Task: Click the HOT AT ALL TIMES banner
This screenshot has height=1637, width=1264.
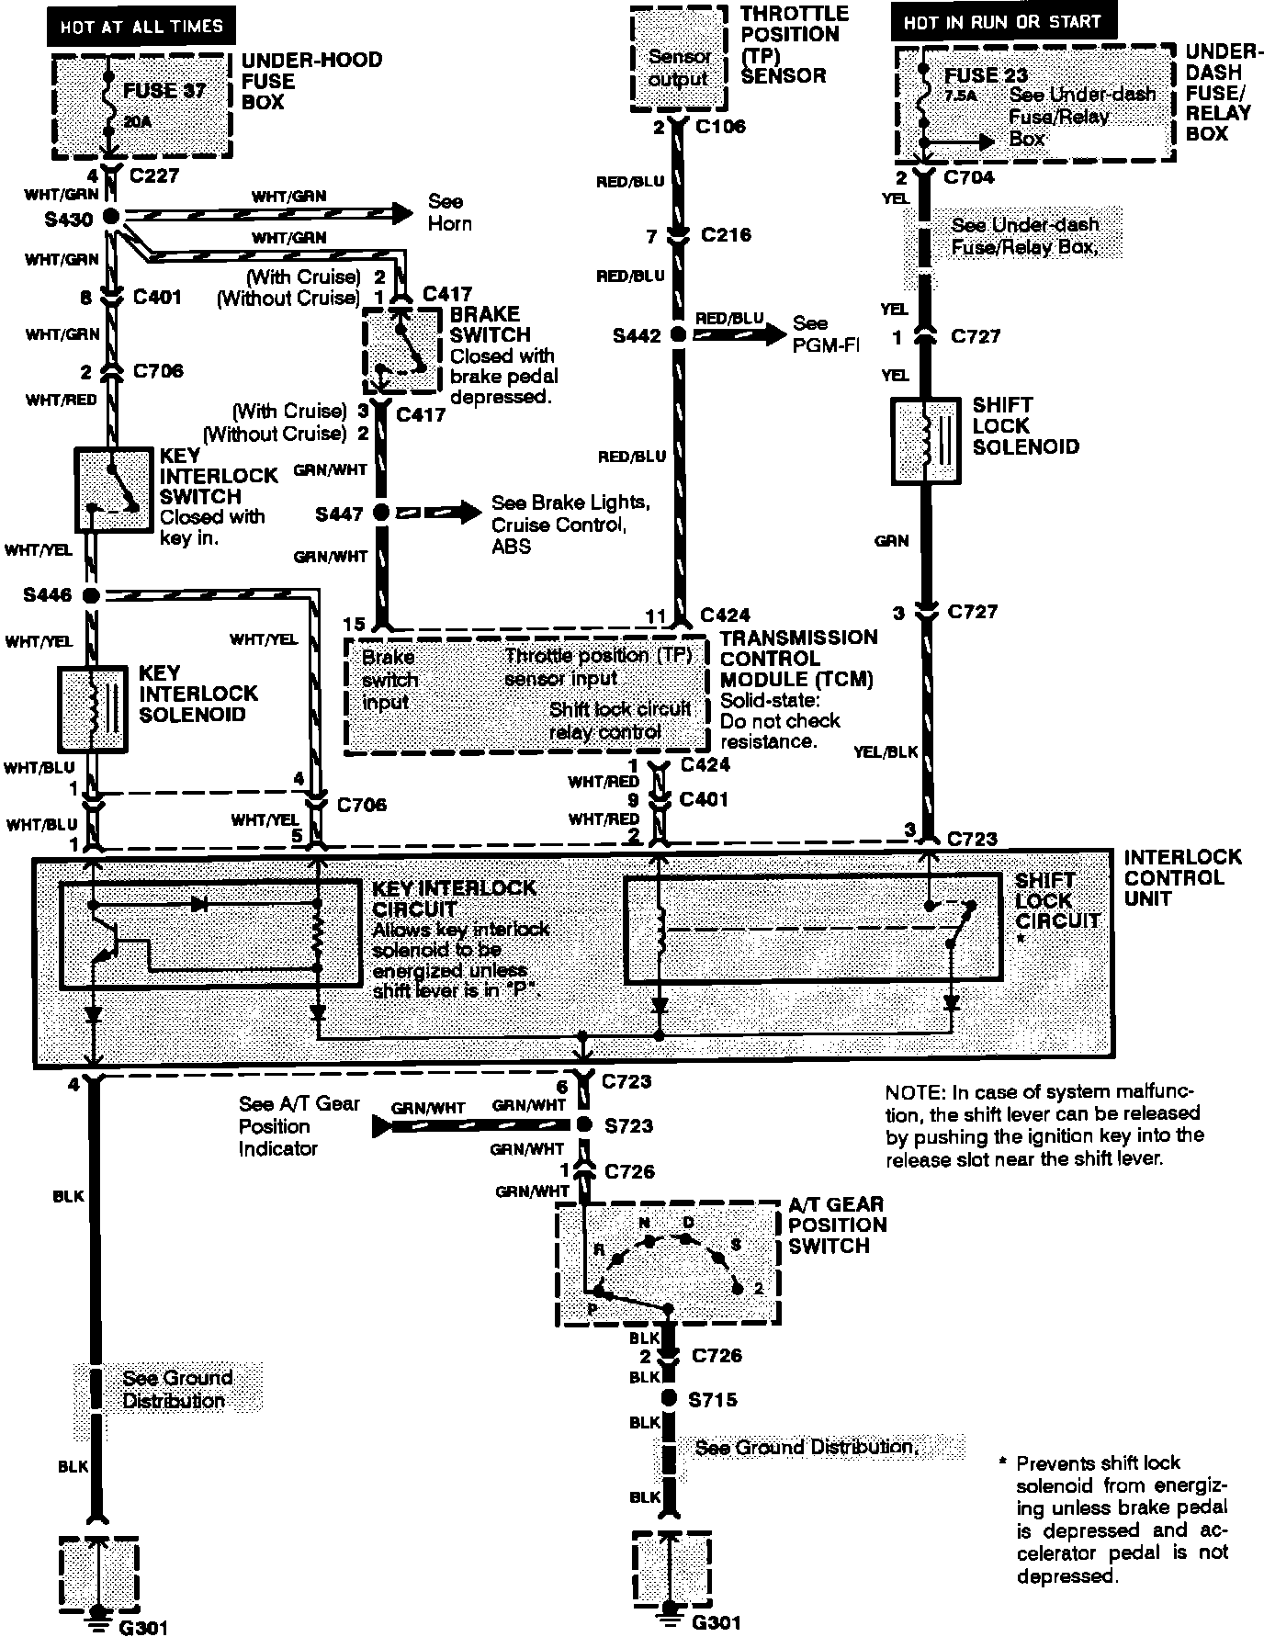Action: point(141,26)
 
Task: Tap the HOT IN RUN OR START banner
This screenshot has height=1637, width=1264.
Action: point(1001,22)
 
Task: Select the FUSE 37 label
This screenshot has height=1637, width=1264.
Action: point(165,90)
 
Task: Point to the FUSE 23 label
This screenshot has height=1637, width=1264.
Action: point(986,75)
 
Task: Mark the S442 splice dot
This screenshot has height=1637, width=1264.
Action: point(678,335)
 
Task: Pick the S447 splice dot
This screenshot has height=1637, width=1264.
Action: point(380,513)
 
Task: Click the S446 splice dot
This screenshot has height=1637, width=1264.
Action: point(90,595)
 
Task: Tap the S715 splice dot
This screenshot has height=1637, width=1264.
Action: point(670,1399)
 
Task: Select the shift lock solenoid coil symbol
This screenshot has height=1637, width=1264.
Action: point(926,441)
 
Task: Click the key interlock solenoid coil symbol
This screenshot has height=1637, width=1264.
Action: point(93,707)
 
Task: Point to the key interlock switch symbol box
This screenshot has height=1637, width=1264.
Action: point(113,490)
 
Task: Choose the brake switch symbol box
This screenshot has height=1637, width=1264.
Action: point(402,350)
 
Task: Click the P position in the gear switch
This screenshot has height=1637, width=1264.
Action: point(594,1292)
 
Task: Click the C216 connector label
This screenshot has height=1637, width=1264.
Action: point(726,235)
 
